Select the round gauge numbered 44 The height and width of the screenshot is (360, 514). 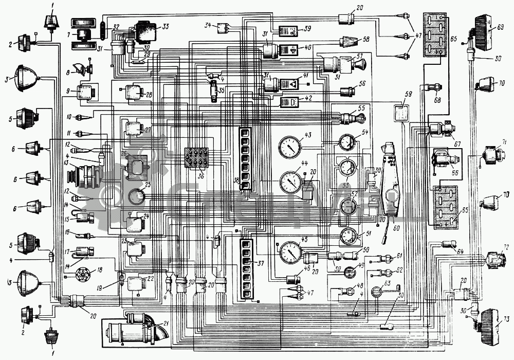[292, 182]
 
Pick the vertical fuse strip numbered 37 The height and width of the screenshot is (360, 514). [247, 266]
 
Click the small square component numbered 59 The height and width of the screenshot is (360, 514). [401, 112]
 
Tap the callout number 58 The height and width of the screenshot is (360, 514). [366, 39]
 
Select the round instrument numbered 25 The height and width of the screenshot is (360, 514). [136, 197]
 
